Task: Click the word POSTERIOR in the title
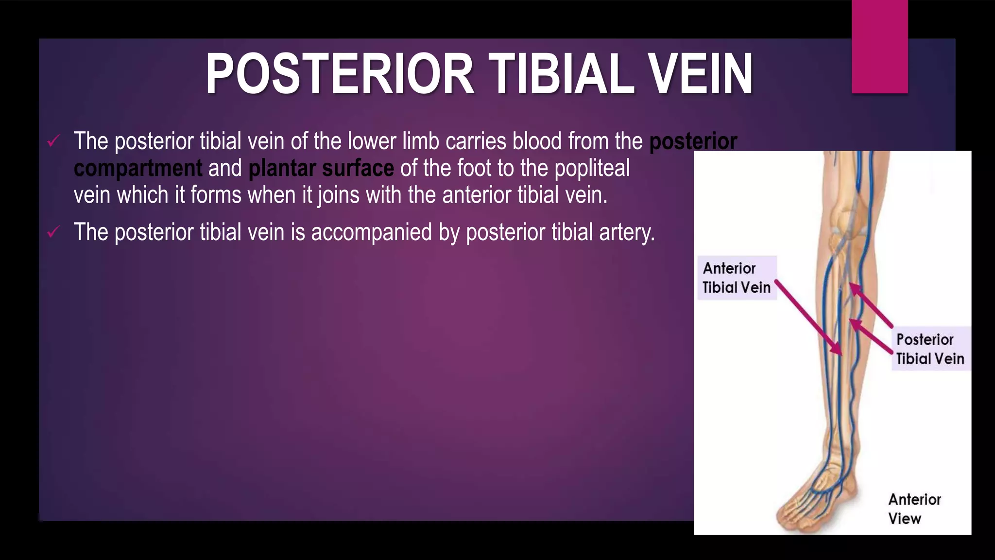tap(340, 74)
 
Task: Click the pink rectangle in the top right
tap(879, 47)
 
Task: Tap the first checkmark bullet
tap(53, 142)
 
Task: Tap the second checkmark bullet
tap(53, 232)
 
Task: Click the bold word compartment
tap(138, 168)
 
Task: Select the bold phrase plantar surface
tap(321, 168)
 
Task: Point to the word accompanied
tap(371, 232)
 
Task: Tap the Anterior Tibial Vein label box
tap(737, 278)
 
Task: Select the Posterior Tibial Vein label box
tap(930, 349)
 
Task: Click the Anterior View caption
tap(914, 508)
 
